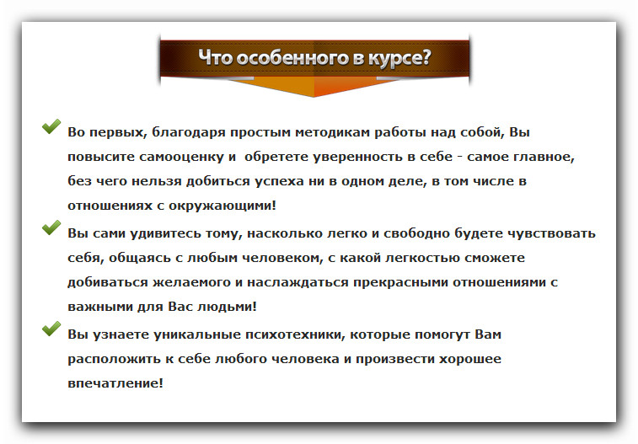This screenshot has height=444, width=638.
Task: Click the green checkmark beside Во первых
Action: (x=51, y=128)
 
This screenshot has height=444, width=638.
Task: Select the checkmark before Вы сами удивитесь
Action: (x=51, y=227)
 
